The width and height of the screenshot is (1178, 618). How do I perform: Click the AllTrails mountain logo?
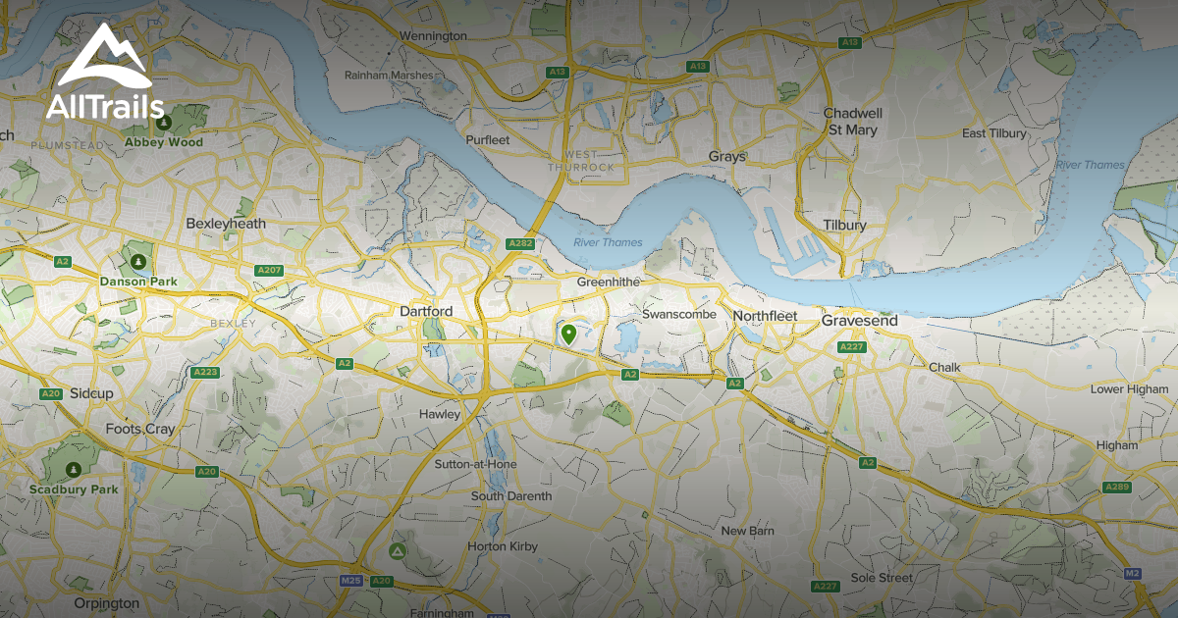103,61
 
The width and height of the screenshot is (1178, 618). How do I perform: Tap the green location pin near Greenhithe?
567,335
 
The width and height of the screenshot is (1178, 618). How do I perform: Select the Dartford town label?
426,311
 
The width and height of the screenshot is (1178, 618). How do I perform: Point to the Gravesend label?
859,321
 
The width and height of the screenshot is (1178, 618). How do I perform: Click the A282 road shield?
519,243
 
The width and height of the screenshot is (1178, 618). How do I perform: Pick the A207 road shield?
268,270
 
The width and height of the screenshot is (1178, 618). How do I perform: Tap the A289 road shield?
1116,487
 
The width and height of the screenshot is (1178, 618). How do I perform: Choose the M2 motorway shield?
1132,573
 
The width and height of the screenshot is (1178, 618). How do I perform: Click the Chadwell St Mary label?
852,121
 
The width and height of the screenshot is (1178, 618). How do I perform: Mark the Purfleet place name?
489,140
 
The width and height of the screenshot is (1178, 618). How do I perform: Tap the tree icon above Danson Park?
138,262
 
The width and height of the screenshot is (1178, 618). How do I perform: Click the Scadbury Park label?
74,489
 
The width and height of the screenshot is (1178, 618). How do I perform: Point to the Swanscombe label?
679,314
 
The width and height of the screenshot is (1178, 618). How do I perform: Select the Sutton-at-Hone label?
476,463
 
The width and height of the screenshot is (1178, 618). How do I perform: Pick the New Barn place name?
747,531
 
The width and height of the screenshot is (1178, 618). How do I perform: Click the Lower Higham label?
1129,389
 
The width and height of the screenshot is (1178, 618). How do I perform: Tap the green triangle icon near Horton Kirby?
397,552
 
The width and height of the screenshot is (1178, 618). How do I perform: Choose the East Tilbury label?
993,133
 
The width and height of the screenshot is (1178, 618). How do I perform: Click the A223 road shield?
206,372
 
